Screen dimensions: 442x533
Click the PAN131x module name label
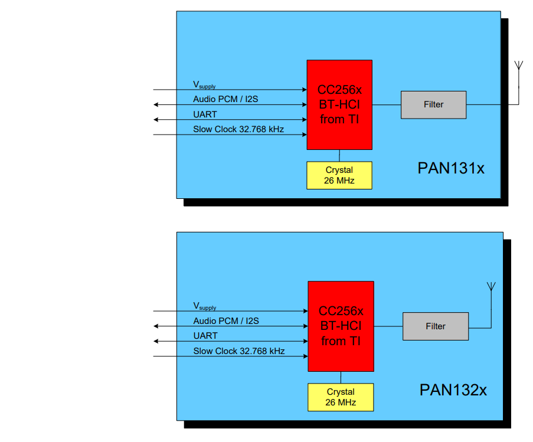tap(451, 168)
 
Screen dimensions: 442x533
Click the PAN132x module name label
tap(453, 390)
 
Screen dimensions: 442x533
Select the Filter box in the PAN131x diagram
tap(433, 104)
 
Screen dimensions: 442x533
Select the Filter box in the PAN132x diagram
tap(436, 326)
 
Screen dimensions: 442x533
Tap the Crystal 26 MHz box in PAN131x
tap(339, 175)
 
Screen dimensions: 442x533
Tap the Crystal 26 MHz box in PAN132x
tap(341, 397)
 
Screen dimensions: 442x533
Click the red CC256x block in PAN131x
tap(339, 105)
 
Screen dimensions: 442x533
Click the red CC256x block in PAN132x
tap(341, 326)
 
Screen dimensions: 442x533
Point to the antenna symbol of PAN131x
tap(518, 66)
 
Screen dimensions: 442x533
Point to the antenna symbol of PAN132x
tap(490, 287)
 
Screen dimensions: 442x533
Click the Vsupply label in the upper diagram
tap(204, 85)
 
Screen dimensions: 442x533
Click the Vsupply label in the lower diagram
tap(205, 306)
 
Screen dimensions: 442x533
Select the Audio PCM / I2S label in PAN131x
tap(225, 99)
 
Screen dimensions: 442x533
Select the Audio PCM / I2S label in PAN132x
tap(226, 321)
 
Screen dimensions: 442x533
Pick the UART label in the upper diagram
tap(205, 114)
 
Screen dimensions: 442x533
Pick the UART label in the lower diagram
tap(205, 336)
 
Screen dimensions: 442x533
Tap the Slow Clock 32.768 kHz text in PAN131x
tap(238, 129)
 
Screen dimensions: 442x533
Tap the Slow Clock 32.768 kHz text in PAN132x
tap(239, 351)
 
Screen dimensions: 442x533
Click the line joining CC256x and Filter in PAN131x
tap(387, 105)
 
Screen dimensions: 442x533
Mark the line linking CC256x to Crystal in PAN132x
tap(341, 378)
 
